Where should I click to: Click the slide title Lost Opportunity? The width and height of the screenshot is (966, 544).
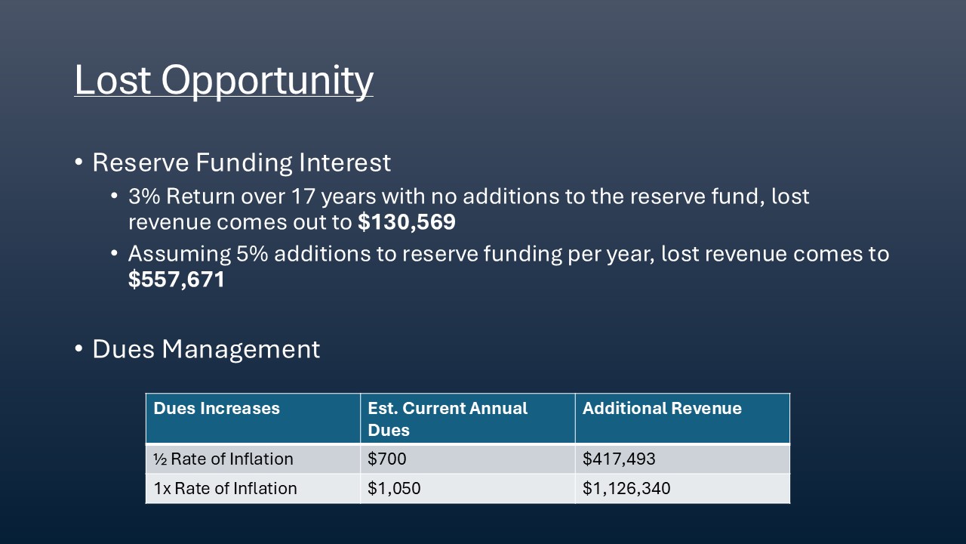click(224, 80)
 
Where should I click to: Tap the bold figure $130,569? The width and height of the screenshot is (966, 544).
click(407, 222)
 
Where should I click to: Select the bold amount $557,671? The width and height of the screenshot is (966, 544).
click(177, 279)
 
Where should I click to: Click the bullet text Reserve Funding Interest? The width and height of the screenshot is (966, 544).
click(241, 162)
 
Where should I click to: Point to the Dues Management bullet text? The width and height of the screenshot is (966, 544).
click(206, 349)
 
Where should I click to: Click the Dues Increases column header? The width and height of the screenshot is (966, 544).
click(217, 408)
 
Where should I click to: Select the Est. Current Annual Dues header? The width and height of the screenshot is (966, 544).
click(448, 419)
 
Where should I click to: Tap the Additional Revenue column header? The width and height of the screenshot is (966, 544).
click(662, 408)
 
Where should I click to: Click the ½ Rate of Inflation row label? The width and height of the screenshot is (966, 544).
click(223, 459)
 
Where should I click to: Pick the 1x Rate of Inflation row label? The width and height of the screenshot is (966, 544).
click(225, 488)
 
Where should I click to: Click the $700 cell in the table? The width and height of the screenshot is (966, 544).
click(387, 459)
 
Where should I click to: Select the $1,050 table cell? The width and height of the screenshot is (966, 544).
click(394, 488)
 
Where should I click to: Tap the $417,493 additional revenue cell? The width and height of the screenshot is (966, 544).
click(619, 459)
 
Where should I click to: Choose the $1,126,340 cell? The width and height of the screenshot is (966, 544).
click(626, 488)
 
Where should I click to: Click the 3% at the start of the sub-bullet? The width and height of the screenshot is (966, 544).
click(144, 196)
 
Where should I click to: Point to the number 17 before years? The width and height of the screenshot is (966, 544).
click(303, 196)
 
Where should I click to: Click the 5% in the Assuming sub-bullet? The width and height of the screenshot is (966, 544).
click(252, 253)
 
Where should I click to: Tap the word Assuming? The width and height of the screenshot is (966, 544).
click(180, 255)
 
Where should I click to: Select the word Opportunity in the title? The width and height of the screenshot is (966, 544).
click(267, 81)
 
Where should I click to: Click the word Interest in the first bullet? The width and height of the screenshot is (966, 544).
click(345, 162)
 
